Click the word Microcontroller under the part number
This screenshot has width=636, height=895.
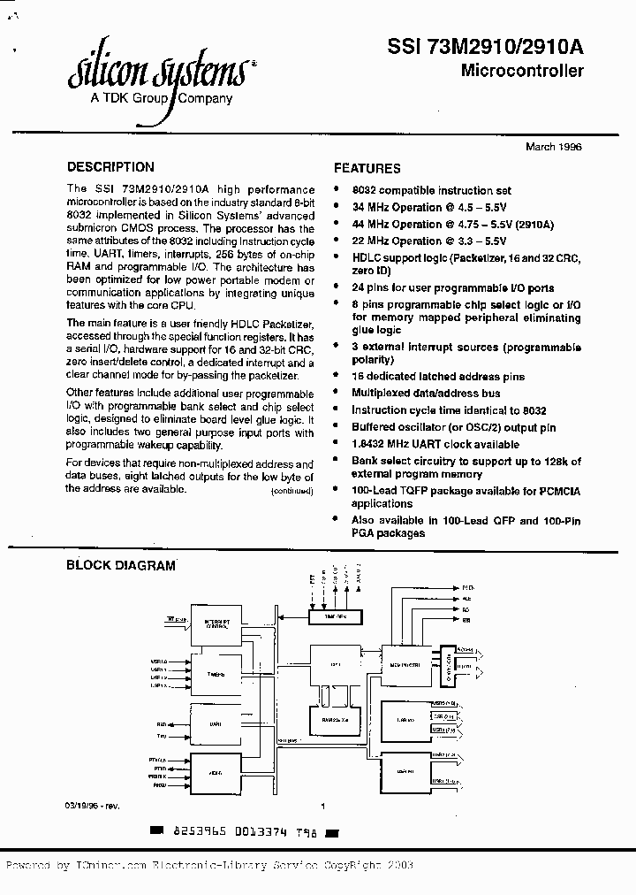click(522, 72)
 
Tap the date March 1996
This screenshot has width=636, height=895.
click(554, 147)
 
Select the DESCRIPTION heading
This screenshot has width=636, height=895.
click(110, 166)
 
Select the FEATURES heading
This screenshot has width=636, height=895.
click(367, 168)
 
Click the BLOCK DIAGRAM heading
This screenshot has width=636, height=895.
click(121, 566)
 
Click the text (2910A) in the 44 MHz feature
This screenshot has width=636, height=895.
click(534, 224)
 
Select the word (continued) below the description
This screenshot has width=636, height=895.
click(292, 491)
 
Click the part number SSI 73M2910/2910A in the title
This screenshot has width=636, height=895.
click(485, 50)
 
